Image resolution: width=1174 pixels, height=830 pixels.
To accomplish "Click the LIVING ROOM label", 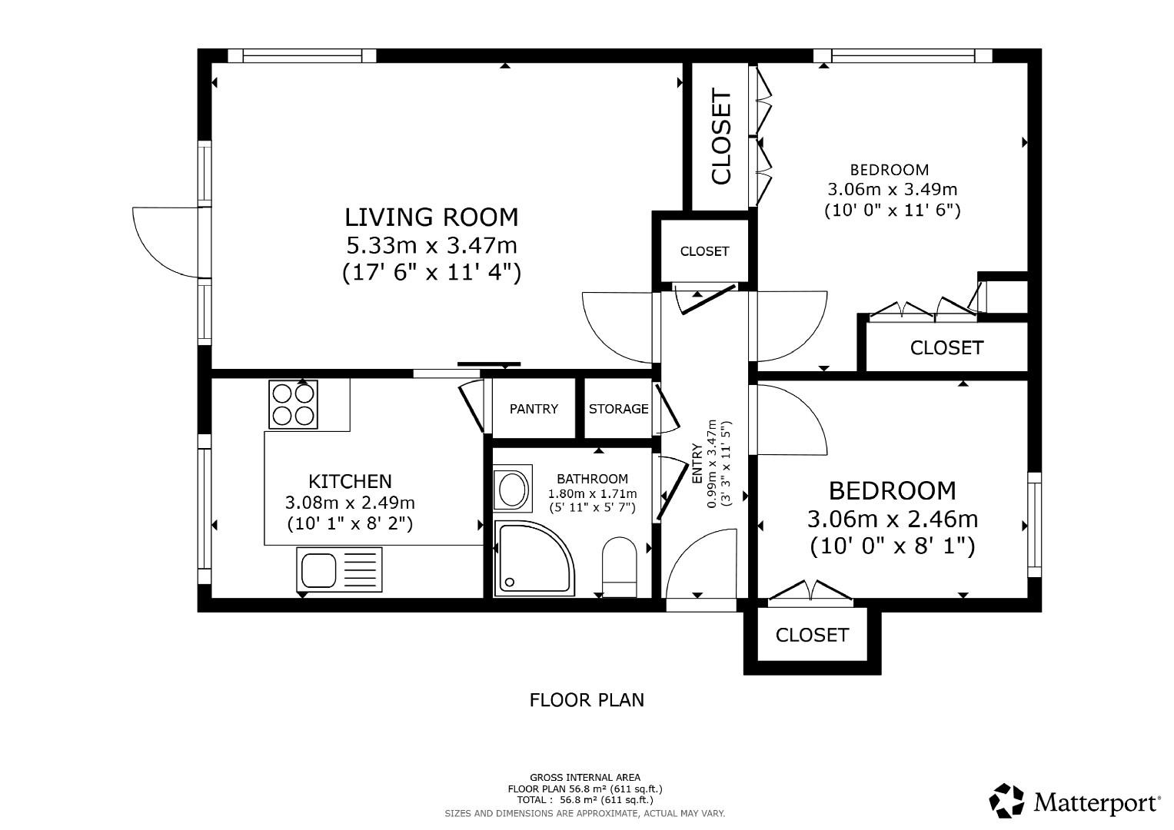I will tap(431, 217).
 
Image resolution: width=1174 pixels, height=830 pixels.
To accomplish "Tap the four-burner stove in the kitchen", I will tap(293, 404).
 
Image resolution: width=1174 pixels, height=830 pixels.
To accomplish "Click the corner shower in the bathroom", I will tap(532, 558).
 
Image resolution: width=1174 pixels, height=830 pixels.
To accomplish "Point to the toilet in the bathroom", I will tap(620, 566).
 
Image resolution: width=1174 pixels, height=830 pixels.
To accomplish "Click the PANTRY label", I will tap(534, 409).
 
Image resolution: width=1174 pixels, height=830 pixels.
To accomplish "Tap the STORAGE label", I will tap(618, 409).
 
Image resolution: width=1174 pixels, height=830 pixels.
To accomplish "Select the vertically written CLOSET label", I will tap(721, 137).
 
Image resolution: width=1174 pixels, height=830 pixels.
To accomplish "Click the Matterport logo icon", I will tap(1006, 801).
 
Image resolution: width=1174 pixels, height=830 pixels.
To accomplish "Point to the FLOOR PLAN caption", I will tap(587, 700).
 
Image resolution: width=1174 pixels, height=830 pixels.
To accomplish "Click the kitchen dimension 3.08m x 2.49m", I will tap(350, 503).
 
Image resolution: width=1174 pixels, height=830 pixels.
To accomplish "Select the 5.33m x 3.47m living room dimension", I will tap(431, 246).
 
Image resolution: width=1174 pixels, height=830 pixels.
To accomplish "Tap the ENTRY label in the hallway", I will tap(697, 463).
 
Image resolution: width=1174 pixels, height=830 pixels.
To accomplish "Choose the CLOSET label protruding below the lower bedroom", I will tap(812, 635).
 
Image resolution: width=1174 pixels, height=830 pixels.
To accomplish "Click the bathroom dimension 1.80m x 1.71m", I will tap(592, 494).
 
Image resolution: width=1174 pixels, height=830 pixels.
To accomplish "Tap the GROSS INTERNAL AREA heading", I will tap(584, 778).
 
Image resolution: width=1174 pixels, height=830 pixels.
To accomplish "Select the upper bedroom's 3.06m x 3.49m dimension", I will tap(892, 189).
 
